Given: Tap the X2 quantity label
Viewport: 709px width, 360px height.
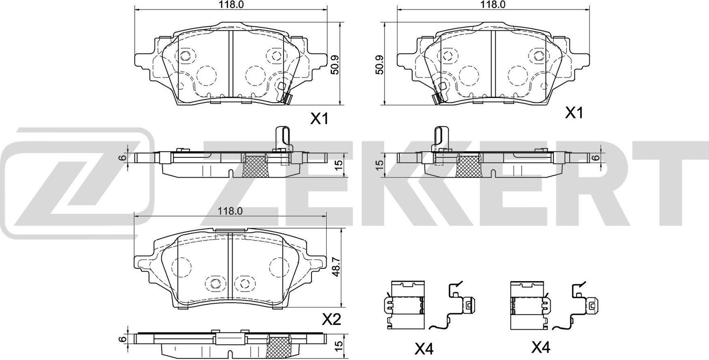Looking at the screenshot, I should tap(331, 320).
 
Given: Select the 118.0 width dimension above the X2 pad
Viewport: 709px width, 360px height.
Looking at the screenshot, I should tap(231, 212).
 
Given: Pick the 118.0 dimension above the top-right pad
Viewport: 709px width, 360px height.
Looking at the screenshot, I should tap(491, 4).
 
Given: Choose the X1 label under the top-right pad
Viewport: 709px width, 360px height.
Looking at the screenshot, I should tap(575, 113).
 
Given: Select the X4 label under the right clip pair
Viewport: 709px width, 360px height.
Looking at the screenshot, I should tap(542, 348).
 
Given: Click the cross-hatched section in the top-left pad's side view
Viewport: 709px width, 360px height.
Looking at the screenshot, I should tap(254, 165).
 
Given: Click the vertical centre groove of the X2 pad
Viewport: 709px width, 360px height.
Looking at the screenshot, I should tap(229, 269).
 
